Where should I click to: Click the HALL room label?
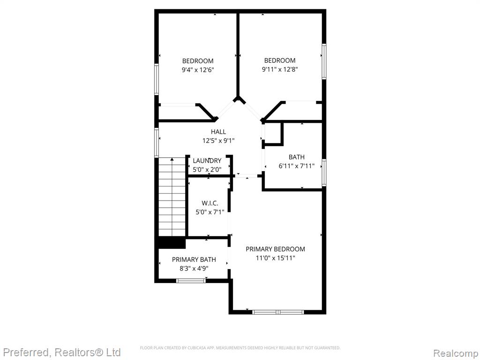click(218, 132)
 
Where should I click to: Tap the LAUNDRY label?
click(207, 161)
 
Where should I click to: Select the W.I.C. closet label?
click(210, 203)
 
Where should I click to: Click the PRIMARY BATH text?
click(194, 260)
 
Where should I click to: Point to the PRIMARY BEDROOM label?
click(275, 249)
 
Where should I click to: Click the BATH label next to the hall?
click(297, 157)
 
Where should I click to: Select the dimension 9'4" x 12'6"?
click(198, 70)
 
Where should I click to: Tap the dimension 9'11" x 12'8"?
click(280, 69)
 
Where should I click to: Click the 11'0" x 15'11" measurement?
click(275, 258)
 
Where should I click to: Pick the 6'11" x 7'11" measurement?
click(297, 166)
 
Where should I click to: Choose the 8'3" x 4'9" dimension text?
click(194, 269)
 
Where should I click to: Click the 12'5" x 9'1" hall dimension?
click(218, 141)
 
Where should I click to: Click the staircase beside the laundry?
click(172, 197)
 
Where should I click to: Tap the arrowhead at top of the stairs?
click(172, 159)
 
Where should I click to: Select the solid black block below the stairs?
click(172, 243)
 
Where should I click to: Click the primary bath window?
click(191, 280)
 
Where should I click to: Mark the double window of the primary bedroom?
click(278, 312)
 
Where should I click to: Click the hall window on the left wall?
click(157, 143)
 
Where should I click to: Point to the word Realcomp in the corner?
click(456, 353)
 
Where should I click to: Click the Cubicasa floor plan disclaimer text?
click(240, 348)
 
